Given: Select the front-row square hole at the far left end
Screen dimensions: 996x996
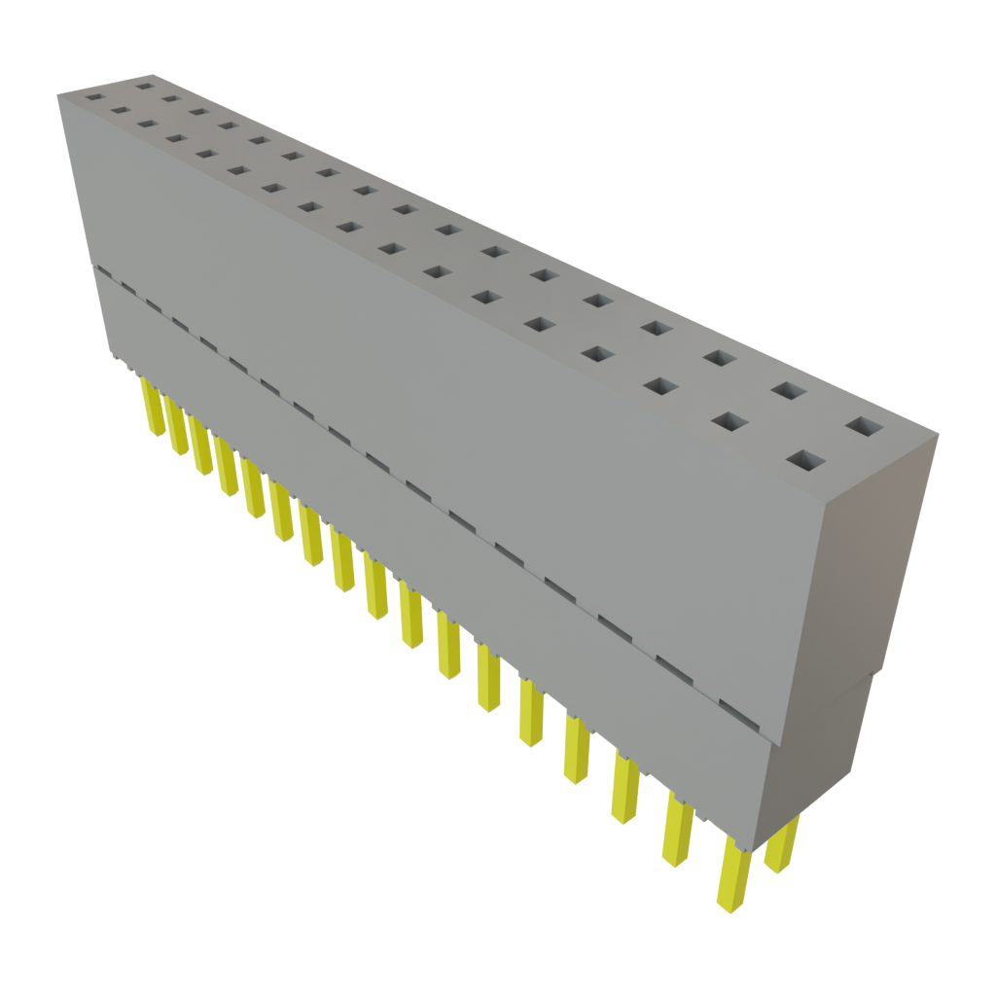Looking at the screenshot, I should click(94, 97).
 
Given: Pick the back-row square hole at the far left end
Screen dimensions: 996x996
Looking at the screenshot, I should click(145, 86).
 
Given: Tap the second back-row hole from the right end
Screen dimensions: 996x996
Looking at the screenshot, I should click(789, 391).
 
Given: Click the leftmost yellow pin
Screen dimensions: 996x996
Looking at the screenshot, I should click(151, 408).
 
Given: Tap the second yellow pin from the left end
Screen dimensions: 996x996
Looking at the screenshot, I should click(176, 427).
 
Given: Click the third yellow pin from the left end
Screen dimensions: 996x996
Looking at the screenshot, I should click(201, 446).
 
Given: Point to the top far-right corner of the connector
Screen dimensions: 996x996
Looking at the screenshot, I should click(939, 437).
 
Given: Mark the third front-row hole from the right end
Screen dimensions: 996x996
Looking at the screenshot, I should click(660, 387).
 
